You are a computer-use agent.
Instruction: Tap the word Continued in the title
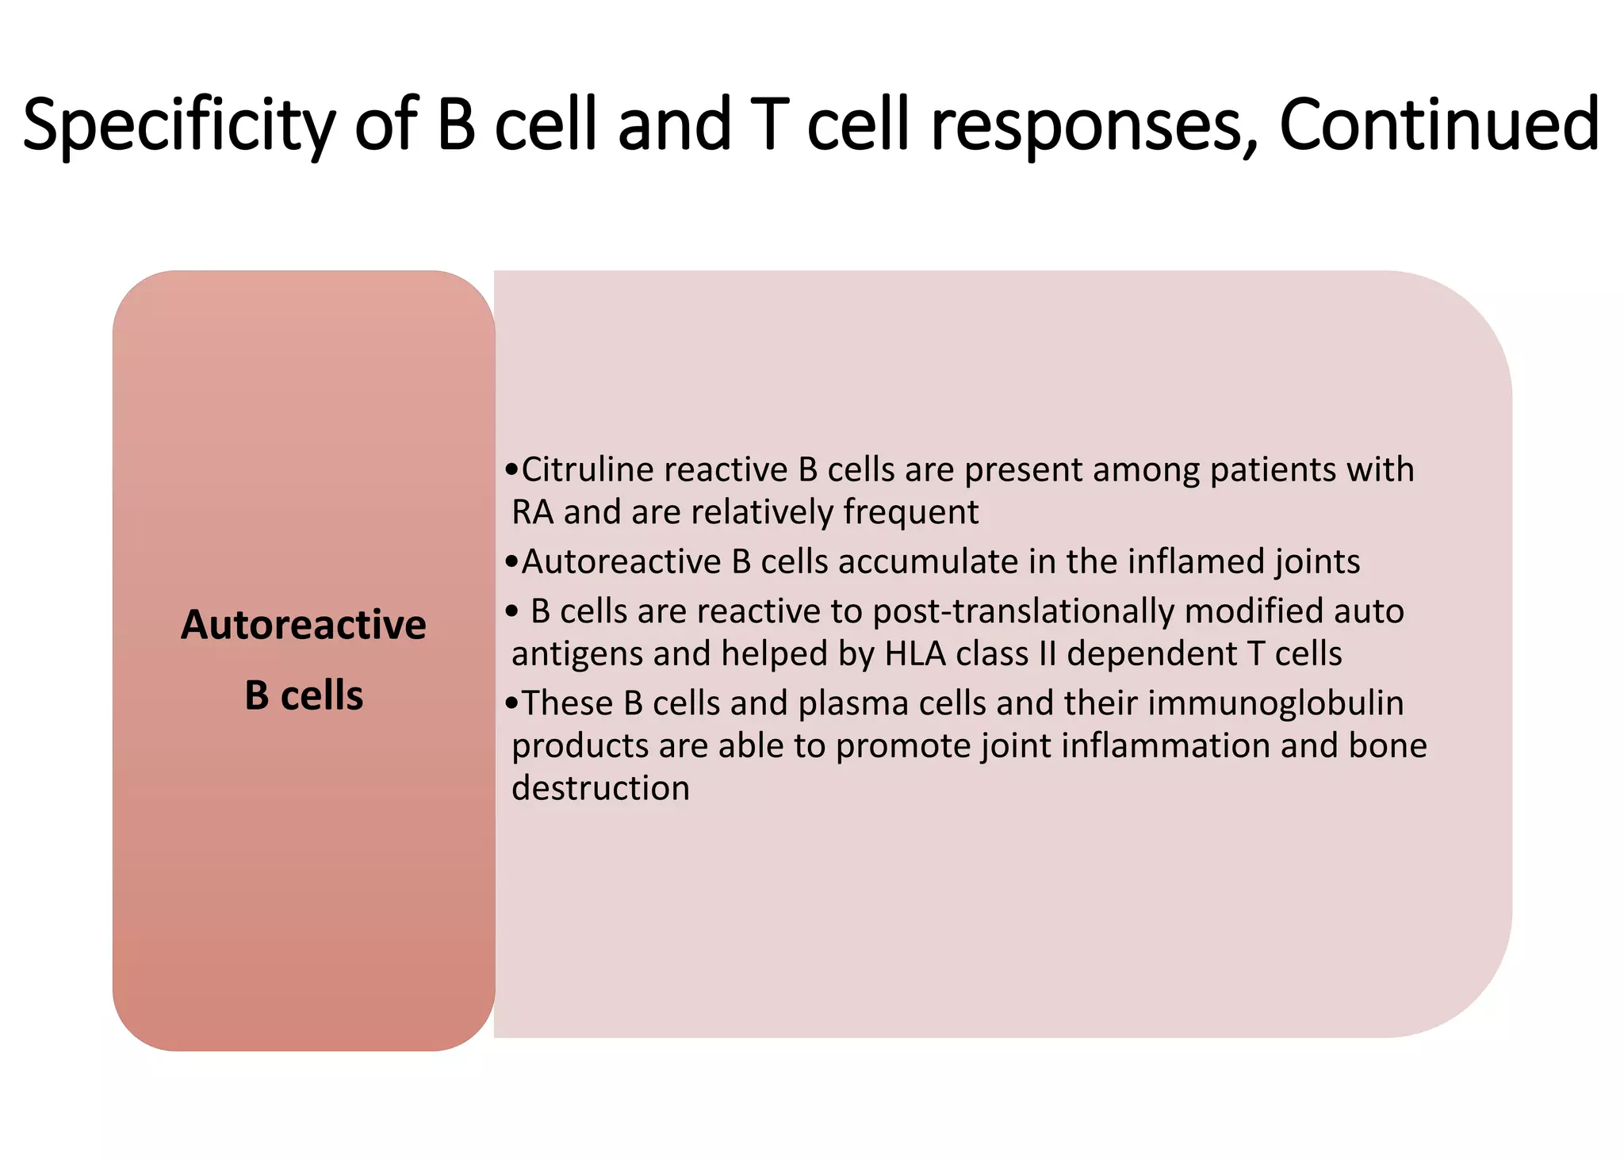[1439, 124]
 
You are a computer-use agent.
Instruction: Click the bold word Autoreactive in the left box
[303, 625]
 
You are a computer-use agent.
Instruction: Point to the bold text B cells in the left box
[304, 695]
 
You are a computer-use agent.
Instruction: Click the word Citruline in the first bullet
[588, 469]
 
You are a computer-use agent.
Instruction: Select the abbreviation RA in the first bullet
[532, 512]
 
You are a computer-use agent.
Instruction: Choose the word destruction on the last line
[600, 788]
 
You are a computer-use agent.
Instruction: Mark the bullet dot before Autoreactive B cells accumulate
[511, 562]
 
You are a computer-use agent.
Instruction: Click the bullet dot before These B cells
[511, 704]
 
